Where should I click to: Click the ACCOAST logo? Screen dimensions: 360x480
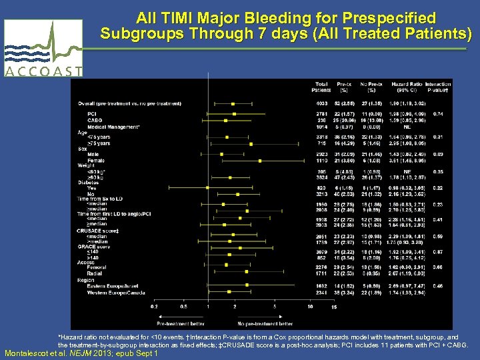click(x=43, y=49)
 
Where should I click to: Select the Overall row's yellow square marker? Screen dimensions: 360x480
click(x=233, y=104)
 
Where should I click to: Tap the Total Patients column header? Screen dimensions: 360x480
click(x=322, y=86)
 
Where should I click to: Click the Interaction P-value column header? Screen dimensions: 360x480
click(x=438, y=86)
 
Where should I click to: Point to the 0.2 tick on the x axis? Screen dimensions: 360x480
click(x=155, y=307)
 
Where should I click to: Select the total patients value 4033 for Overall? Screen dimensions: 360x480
click(x=322, y=104)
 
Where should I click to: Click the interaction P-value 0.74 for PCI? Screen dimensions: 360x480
click(x=438, y=114)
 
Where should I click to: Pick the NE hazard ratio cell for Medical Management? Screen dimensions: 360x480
click(x=405, y=127)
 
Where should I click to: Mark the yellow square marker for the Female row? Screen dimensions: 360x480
click(x=259, y=161)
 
